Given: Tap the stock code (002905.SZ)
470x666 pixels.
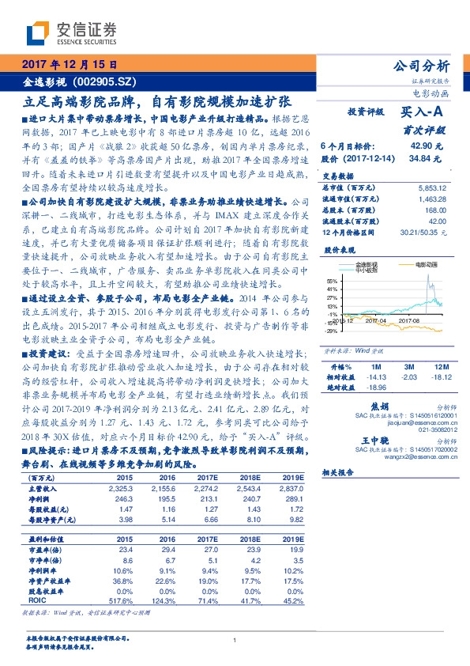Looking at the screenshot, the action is (x=107, y=81).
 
